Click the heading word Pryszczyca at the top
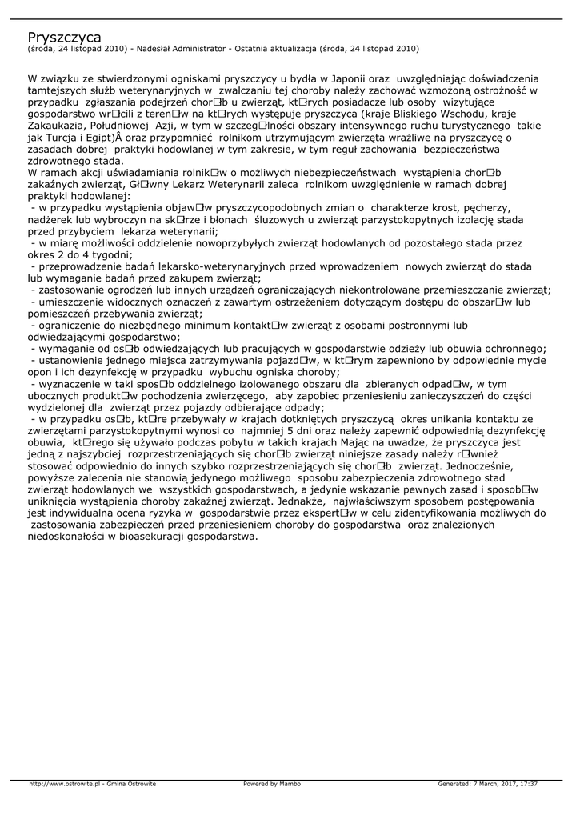64,37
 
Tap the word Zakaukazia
58,126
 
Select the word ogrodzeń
132,290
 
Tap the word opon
41,372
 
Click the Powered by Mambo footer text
272,784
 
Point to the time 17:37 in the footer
528,784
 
